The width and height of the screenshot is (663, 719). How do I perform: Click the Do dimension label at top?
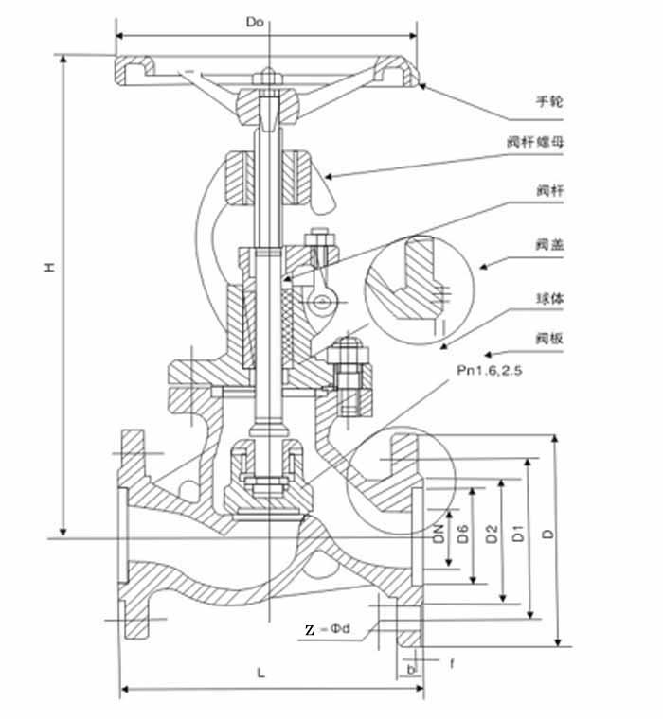(253, 21)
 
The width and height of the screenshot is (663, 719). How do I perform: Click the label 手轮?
(549, 101)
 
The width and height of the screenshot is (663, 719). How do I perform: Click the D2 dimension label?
(491, 533)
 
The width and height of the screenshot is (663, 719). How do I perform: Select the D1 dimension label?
(518, 533)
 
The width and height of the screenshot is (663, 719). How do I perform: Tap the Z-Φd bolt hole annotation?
(327, 629)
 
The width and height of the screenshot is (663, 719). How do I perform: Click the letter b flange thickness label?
(410, 668)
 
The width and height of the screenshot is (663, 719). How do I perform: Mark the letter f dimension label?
(452, 663)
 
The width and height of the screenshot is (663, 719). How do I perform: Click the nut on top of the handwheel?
(268, 75)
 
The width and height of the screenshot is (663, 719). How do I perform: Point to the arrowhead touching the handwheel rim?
(421, 86)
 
